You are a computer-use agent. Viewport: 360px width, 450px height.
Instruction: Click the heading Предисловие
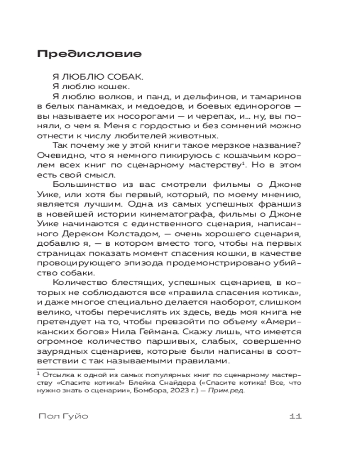pos(89,54)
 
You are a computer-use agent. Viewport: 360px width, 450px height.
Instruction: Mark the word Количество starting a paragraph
pos(78,282)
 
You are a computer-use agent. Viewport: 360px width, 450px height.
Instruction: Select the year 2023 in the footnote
pos(180,391)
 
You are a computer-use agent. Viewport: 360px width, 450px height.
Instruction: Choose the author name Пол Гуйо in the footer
pos(63,416)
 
